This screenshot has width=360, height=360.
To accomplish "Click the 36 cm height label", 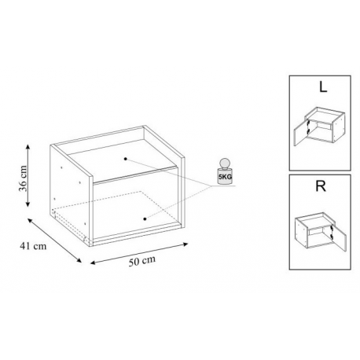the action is (23, 178).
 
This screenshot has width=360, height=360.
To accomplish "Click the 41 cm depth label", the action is (33, 246).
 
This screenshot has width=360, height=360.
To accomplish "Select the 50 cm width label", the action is (142, 261).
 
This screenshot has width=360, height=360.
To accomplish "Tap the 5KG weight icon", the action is (225, 172).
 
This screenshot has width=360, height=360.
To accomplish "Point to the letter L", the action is (323, 87).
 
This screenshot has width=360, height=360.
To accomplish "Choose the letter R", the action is (321, 186).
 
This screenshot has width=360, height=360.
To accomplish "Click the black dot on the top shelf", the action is (126, 159).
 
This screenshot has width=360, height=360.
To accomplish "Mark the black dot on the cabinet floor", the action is (145, 219).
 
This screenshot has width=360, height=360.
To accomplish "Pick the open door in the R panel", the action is (340, 237).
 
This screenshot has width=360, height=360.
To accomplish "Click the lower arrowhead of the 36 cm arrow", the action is (28, 204).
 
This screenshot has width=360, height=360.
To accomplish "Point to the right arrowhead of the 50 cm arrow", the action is (186, 244).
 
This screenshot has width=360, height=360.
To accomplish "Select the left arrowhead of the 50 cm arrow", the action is (93, 263).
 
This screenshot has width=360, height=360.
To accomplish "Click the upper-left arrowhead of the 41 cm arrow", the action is (30, 220).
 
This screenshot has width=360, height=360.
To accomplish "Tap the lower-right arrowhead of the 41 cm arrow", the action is (79, 260).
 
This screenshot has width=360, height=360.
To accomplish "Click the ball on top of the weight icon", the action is (225, 163).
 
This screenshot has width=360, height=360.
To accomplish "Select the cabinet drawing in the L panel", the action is (319, 126).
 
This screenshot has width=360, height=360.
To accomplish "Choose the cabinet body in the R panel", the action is (314, 230).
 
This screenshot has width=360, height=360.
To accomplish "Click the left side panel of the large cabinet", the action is (70, 195).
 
